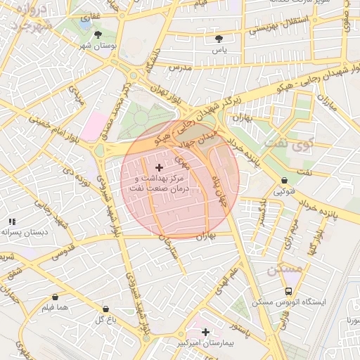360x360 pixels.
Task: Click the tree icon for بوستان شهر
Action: (x=98, y=34)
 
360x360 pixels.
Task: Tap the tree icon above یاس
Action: (x=220, y=39)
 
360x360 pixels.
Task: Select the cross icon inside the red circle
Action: (x=158, y=167)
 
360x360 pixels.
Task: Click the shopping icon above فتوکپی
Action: (x=283, y=181)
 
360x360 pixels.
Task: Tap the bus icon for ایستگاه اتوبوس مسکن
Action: (x=288, y=291)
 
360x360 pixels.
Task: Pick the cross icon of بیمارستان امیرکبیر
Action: (x=205, y=332)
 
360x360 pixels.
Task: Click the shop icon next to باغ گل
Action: (x=105, y=309)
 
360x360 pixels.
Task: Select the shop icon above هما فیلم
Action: (x=55, y=297)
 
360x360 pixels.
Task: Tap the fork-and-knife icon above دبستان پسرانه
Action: (x=12, y=222)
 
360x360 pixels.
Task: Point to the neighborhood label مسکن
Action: (x=284, y=269)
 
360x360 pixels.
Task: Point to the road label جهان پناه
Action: (x=219, y=179)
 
